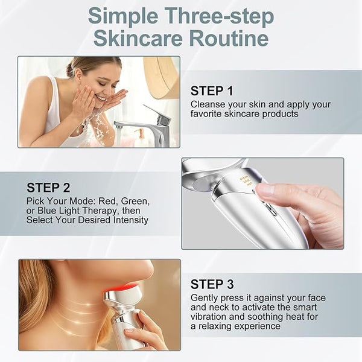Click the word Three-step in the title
[x=219, y=16]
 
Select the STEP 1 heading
[x=212, y=91]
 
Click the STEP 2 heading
[x=48, y=188]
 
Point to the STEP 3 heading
[x=212, y=284]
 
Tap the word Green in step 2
[x=135, y=202]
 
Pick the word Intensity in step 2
[x=131, y=220]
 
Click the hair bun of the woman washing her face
[x=71, y=69]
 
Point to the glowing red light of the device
[x=119, y=288]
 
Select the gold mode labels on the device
[x=246, y=181]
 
